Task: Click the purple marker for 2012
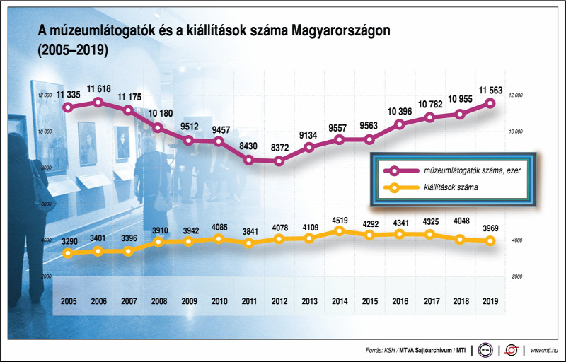tap(279, 161)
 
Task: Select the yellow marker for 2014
tap(340, 231)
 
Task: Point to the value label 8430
tap(248, 146)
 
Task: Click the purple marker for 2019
tap(489, 104)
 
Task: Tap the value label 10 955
tap(459, 99)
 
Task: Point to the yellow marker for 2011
tap(248, 243)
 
